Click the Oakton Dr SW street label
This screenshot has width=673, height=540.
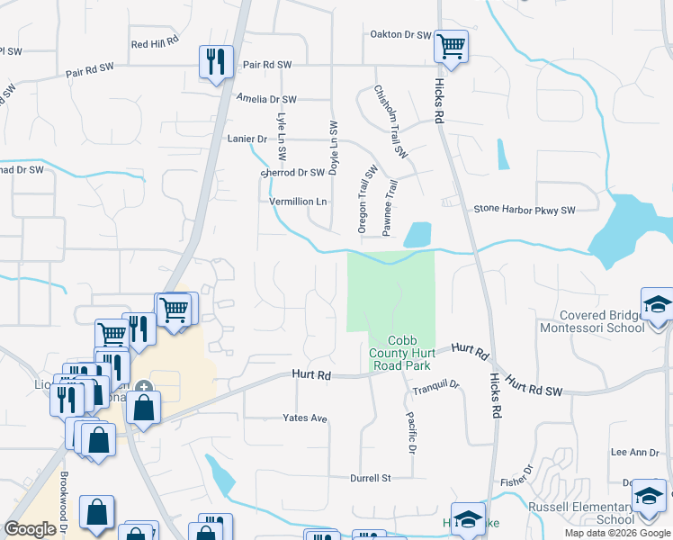pos(401,35)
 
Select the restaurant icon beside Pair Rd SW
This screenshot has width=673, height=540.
pos(216,62)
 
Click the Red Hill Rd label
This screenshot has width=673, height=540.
pos(155,43)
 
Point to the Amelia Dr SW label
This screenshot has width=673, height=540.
pos(266,99)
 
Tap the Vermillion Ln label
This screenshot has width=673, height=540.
pos(298,202)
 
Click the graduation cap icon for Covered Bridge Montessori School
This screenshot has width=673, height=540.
pos(658,305)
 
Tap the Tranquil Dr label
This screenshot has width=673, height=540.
pos(436,387)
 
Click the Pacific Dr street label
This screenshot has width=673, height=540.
pos(410,433)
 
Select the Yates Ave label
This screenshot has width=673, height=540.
pos(305,418)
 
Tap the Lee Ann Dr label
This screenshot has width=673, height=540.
pos(629,453)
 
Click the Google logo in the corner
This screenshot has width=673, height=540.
pos(31,529)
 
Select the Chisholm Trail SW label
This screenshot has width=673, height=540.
pos(391,122)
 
